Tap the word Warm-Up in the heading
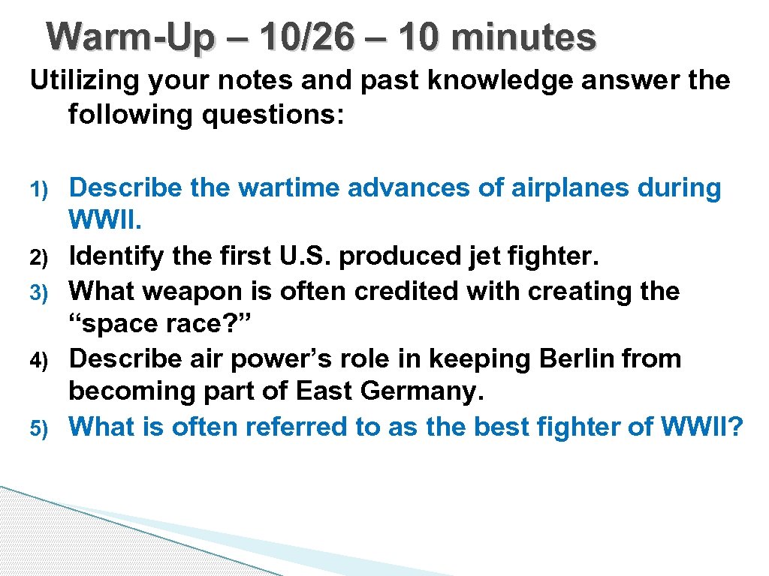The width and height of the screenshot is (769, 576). tap(125, 37)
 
